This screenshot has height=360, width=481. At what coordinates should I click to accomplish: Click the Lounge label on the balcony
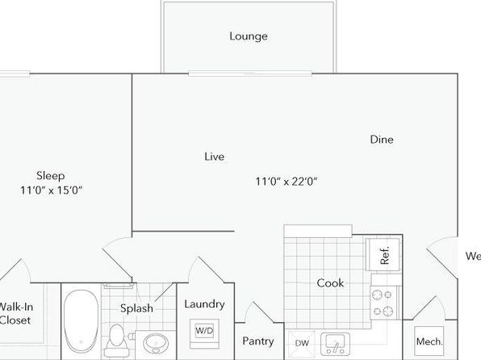[x=249, y=36]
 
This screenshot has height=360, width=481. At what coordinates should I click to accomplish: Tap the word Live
[x=215, y=157]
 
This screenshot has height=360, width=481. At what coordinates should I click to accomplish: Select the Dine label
[x=382, y=140]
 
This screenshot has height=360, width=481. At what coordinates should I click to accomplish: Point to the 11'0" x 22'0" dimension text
[x=287, y=182]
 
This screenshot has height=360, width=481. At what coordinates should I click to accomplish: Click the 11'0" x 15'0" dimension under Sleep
[x=51, y=190]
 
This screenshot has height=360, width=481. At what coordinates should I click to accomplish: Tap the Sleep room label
[x=51, y=176]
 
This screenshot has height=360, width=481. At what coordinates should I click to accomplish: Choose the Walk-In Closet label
[x=15, y=314]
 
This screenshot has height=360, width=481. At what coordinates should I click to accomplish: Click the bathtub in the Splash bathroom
[x=82, y=321]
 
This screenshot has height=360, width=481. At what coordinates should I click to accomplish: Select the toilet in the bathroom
[x=116, y=340]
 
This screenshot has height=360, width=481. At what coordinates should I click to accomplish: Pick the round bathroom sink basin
[x=156, y=343]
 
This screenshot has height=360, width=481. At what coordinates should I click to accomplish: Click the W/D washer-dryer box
[x=204, y=331]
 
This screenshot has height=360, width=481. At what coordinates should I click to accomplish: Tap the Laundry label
[x=205, y=304]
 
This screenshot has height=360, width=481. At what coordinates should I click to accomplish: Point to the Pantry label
[x=258, y=341]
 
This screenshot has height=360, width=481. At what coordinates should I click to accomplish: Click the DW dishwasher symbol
[x=302, y=343]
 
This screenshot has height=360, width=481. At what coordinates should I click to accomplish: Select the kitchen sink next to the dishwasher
[x=335, y=344]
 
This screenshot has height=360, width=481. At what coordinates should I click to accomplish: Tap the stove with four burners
[x=383, y=303]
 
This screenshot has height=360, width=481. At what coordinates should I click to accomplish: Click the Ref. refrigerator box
[x=383, y=254]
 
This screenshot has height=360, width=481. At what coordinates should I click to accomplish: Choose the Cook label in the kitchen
[x=330, y=283]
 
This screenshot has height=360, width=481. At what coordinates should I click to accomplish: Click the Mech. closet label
[x=429, y=341]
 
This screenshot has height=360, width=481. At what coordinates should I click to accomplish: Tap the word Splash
[x=136, y=308]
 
